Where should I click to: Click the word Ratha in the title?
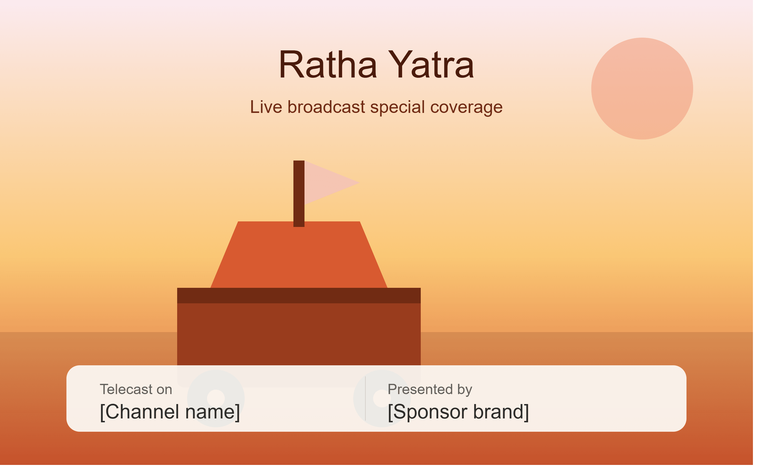coord(328,64)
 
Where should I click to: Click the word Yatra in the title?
coord(431,64)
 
